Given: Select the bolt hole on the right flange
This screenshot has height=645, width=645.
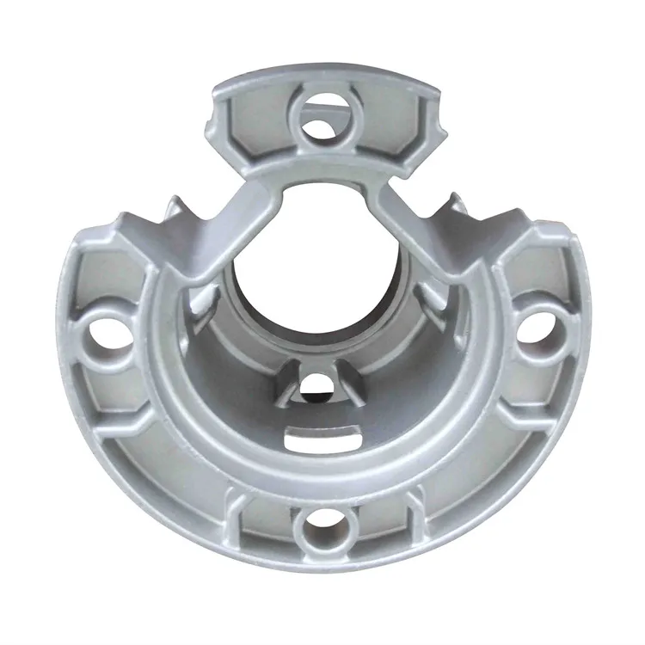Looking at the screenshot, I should pos(536,328).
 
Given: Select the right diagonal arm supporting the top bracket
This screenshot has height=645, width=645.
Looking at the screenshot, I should pos(408,224).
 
